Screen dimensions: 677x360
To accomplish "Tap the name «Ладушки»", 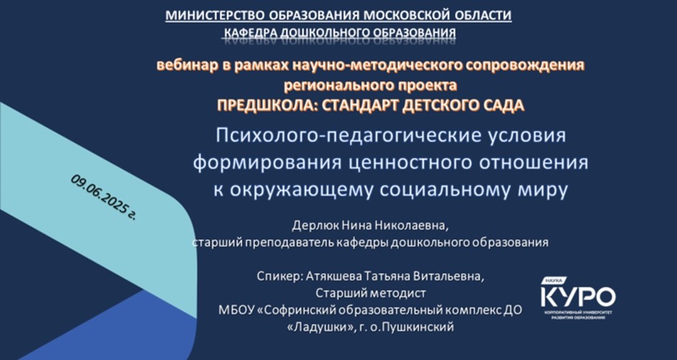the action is point(320,327).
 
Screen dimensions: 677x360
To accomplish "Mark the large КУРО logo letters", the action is point(578,297).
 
